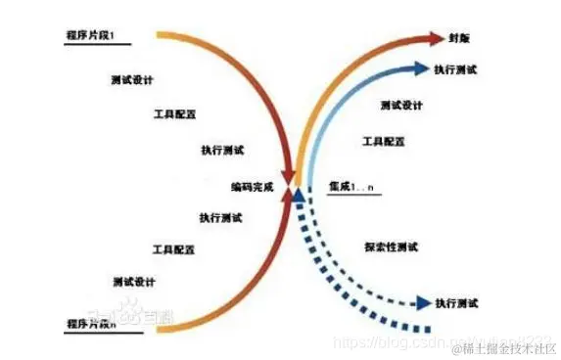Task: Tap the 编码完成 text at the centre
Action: (x=252, y=184)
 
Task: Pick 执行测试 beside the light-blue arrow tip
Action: (x=454, y=69)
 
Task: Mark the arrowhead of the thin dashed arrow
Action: (x=423, y=303)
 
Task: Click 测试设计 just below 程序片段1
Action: (x=132, y=78)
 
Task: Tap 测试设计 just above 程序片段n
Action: (x=132, y=281)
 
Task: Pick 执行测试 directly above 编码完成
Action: (x=221, y=151)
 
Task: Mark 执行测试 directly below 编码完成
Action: (x=221, y=217)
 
